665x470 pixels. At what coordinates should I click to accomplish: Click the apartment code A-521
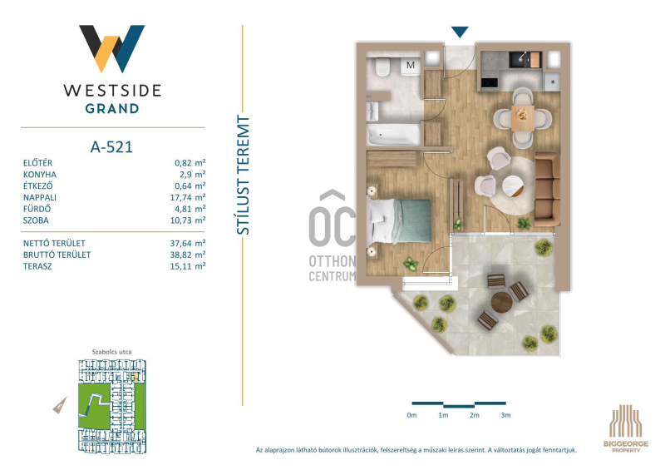pyautogui.click(x=111, y=147)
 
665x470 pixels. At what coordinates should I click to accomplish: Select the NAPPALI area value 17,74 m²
pyautogui.click(x=188, y=197)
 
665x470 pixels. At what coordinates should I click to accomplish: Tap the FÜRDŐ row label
pyautogui.click(x=37, y=209)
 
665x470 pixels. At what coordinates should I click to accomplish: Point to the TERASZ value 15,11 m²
pyautogui.click(x=188, y=266)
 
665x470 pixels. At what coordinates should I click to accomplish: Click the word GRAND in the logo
pyautogui.click(x=112, y=109)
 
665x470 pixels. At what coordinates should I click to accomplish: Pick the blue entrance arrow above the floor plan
pyautogui.click(x=460, y=32)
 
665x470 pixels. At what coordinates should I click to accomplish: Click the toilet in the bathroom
pyautogui.click(x=382, y=67)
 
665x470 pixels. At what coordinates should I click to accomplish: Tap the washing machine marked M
pyautogui.click(x=411, y=67)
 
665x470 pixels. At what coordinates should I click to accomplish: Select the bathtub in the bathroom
pyautogui.click(x=394, y=134)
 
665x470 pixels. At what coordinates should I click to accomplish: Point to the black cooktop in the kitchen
pyautogui.click(x=490, y=83)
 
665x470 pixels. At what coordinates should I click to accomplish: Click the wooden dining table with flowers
pyautogui.click(x=522, y=117)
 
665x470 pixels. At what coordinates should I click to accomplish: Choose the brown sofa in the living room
pyautogui.click(x=547, y=190)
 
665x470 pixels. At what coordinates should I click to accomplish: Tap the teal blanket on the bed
pyautogui.click(x=412, y=220)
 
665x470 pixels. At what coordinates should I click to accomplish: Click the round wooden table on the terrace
pyautogui.click(x=501, y=302)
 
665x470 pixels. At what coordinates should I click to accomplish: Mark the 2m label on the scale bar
pyautogui.click(x=474, y=415)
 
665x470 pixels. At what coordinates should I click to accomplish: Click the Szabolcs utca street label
pyautogui.click(x=112, y=352)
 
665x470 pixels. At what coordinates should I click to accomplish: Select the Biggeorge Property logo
pyautogui.click(x=626, y=428)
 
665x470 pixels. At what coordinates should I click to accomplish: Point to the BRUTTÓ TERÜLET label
pyautogui.click(x=57, y=255)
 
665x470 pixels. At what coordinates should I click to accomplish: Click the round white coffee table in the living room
pyautogui.click(x=513, y=186)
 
